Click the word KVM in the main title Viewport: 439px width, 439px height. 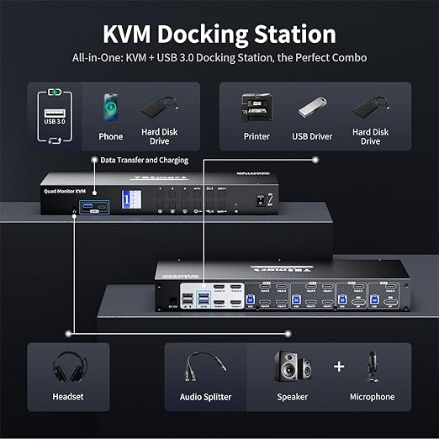tap(136, 34)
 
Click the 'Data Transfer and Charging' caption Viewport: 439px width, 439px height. tap(139, 160)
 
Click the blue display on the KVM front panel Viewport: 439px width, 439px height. tap(129, 199)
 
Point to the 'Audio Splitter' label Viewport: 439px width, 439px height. tap(206, 397)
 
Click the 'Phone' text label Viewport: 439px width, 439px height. tap(110, 136)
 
